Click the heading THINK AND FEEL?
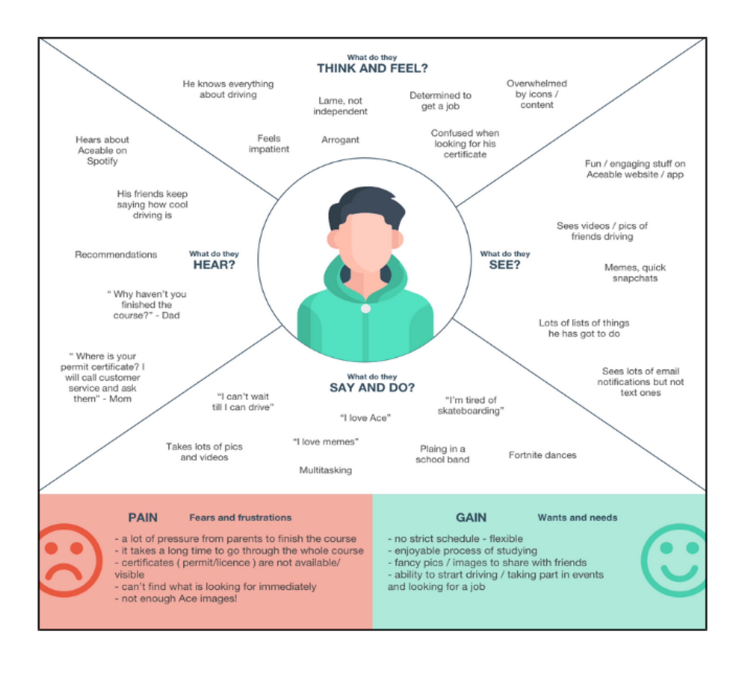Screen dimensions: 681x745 [372, 68]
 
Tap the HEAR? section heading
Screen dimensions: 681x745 [214, 265]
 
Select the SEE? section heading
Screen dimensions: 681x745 [504, 265]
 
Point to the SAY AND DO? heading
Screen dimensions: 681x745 [372, 387]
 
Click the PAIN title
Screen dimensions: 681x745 [143, 517]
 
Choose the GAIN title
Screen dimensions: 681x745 [471, 517]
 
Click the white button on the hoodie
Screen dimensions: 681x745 [365, 309]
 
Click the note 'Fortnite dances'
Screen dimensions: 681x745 [542, 455]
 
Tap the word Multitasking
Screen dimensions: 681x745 [325, 470]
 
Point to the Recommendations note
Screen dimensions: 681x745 [116, 254]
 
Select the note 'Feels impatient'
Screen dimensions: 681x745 [269, 144]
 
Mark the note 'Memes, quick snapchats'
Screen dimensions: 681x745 [635, 273]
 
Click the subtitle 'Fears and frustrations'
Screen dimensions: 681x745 [240, 517]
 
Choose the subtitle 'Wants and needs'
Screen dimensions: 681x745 [577, 517]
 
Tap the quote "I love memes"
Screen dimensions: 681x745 [325, 442]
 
